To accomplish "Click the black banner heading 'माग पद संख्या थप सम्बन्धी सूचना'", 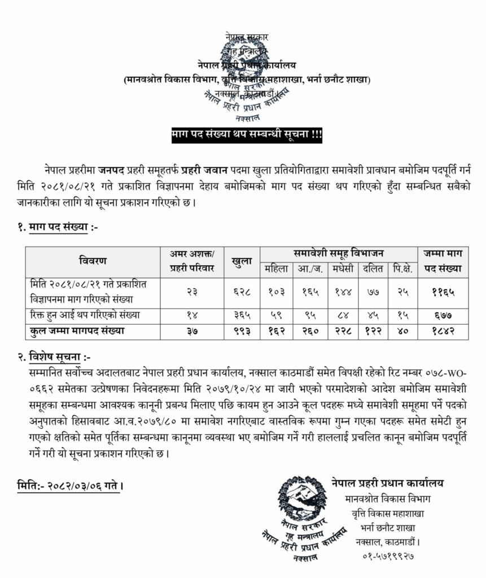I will click(x=246, y=135).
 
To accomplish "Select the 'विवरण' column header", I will click(x=93, y=261).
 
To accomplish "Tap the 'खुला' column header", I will click(x=242, y=261).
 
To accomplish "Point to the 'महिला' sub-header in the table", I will click(x=276, y=269).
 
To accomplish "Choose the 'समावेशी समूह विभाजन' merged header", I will click(x=338, y=253).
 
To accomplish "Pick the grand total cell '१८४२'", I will click(x=443, y=331).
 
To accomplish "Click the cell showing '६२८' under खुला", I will click(x=242, y=292).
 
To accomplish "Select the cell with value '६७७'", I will click(x=443, y=316).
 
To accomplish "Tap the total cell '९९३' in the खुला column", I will click(x=242, y=331).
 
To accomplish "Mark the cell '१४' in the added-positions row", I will click(x=192, y=316).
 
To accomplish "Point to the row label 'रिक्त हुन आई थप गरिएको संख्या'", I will click(x=87, y=315).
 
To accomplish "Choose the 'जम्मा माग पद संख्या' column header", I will click(x=443, y=261).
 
